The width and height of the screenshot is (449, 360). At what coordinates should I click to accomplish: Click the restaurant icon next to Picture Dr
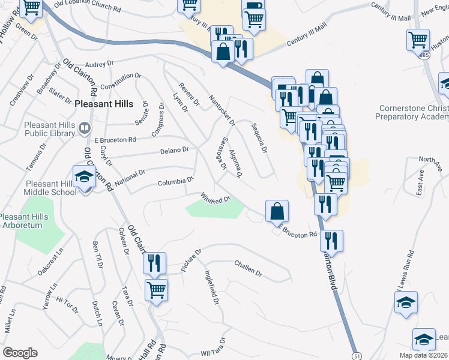pyautogui.click(x=155, y=262)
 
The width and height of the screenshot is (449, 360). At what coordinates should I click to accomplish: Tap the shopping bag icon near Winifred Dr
pyautogui.click(x=277, y=211)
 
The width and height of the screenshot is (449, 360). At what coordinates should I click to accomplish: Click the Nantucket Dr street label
pyautogui.click(x=221, y=106)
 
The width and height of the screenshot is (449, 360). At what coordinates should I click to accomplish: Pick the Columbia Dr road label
pyautogui.click(x=175, y=182)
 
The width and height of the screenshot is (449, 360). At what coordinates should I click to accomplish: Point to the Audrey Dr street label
pyautogui.click(x=99, y=64)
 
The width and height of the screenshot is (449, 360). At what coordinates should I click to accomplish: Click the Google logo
pyautogui.click(x=20, y=353)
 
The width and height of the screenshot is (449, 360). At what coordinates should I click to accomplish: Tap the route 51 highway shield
pyautogui.click(x=357, y=349)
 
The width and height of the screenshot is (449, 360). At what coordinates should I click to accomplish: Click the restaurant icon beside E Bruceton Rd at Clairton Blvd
pyautogui.click(x=331, y=241)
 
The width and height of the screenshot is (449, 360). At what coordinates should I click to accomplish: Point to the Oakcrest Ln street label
pyautogui.click(x=51, y=265)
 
